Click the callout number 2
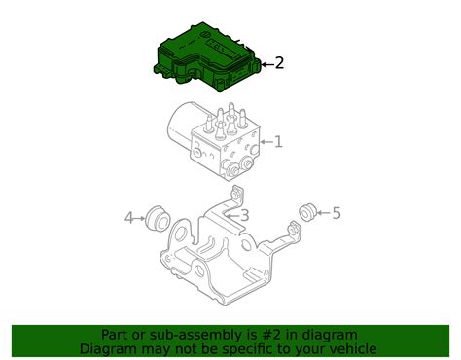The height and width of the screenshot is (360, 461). [279, 63]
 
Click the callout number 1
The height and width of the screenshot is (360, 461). [277, 142]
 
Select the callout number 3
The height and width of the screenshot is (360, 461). [245, 215]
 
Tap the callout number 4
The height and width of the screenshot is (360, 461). [128, 219]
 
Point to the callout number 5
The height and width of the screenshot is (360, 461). [337, 213]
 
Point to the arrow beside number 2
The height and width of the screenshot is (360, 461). [266, 64]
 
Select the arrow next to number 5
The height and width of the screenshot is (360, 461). [324, 213]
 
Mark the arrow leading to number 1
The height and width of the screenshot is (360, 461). [264, 143]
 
